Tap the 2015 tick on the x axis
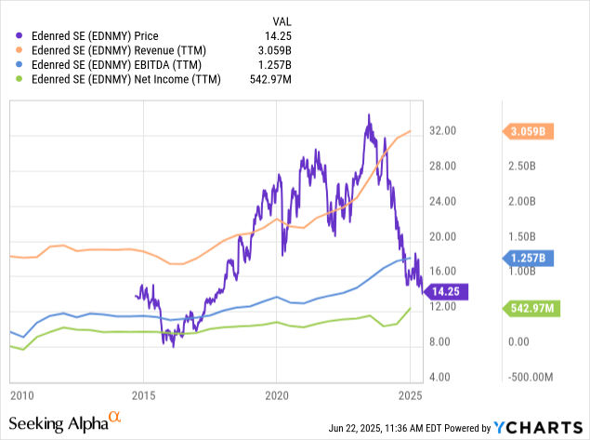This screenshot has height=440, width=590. tap(144, 394)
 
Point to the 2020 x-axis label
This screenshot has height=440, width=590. tap(276, 394)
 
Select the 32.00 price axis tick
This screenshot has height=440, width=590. tap(442, 132)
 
